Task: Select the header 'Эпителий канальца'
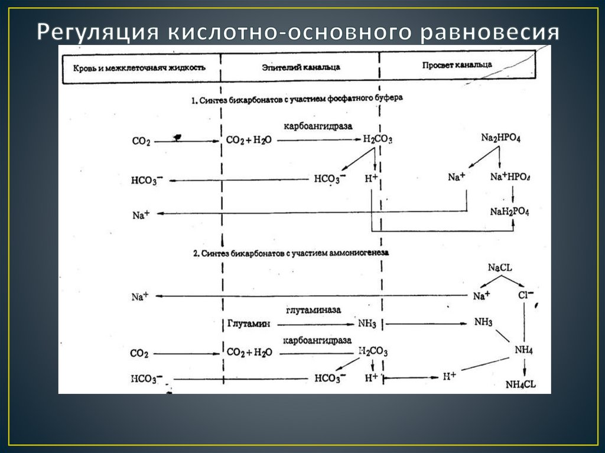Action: point(301,68)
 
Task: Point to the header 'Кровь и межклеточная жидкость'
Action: point(139,67)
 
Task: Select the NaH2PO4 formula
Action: point(510,211)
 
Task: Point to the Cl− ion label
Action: point(525,294)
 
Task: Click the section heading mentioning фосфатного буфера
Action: point(297,99)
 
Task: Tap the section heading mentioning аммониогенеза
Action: point(291,253)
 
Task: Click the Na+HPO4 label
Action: point(510,177)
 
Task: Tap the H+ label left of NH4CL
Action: point(450,376)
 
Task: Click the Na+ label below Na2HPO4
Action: point(457,177)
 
